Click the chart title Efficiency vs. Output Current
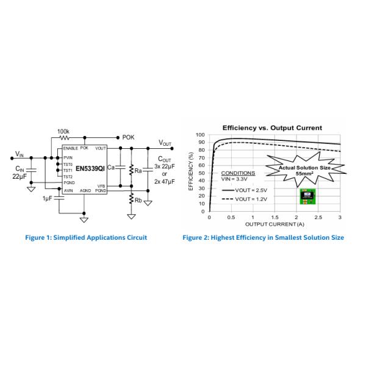[272, 127]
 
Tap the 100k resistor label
[63, 131]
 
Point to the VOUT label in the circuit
[165, 142]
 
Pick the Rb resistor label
[138, 200]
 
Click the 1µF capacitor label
[48, 199]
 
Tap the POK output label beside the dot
[128, 137]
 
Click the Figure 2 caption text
[263, 237]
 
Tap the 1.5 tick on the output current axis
[274, 218]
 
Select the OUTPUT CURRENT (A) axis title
[274, 224]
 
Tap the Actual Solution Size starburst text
[304, 170]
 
